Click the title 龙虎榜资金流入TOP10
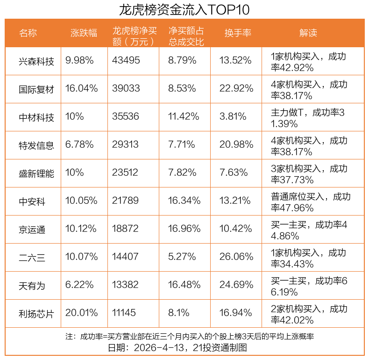(184, 9)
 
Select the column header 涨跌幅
(84, 33)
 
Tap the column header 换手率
(238, 33)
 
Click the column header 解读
(308, 33)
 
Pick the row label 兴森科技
(36, 61)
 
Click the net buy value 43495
(126, 60)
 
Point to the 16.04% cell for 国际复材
(82, 88)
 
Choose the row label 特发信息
(36, 145)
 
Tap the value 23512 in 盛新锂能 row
(125, 173)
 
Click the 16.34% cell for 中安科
(184, 201)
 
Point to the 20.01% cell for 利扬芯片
(82, 313)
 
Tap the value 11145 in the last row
(125, 313)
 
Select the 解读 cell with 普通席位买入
(311, 202)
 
